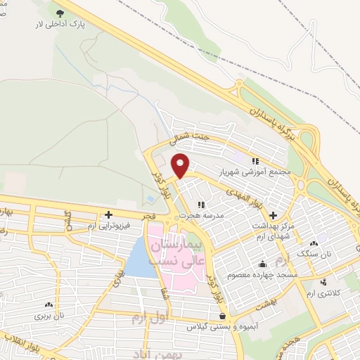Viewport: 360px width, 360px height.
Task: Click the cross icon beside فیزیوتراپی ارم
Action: [108, 214]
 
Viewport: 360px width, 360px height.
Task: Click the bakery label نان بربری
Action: [50, 316]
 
